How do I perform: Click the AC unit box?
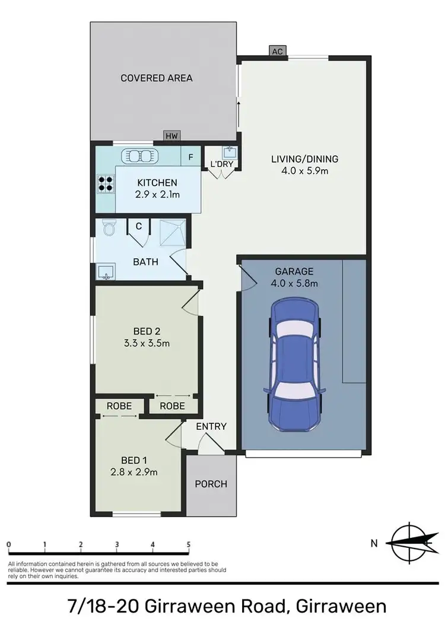coord(276,51)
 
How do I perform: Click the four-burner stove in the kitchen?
coord(106,183)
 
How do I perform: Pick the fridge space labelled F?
coord(190,157)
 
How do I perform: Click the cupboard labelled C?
coord(138,226)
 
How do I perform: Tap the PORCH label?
coord(211,484)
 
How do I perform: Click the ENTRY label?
coord(211,426)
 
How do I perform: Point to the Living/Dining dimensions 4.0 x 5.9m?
coord(304,171)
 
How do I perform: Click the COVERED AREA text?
coord(157,78)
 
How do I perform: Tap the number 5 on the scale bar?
coord(189,544)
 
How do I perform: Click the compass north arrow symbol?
coord(410,541)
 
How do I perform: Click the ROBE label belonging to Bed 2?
coord(172,406)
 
